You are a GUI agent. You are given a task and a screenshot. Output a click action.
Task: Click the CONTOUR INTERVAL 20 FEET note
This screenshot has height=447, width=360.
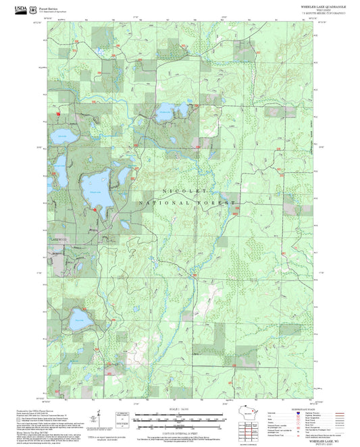[180, 428]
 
